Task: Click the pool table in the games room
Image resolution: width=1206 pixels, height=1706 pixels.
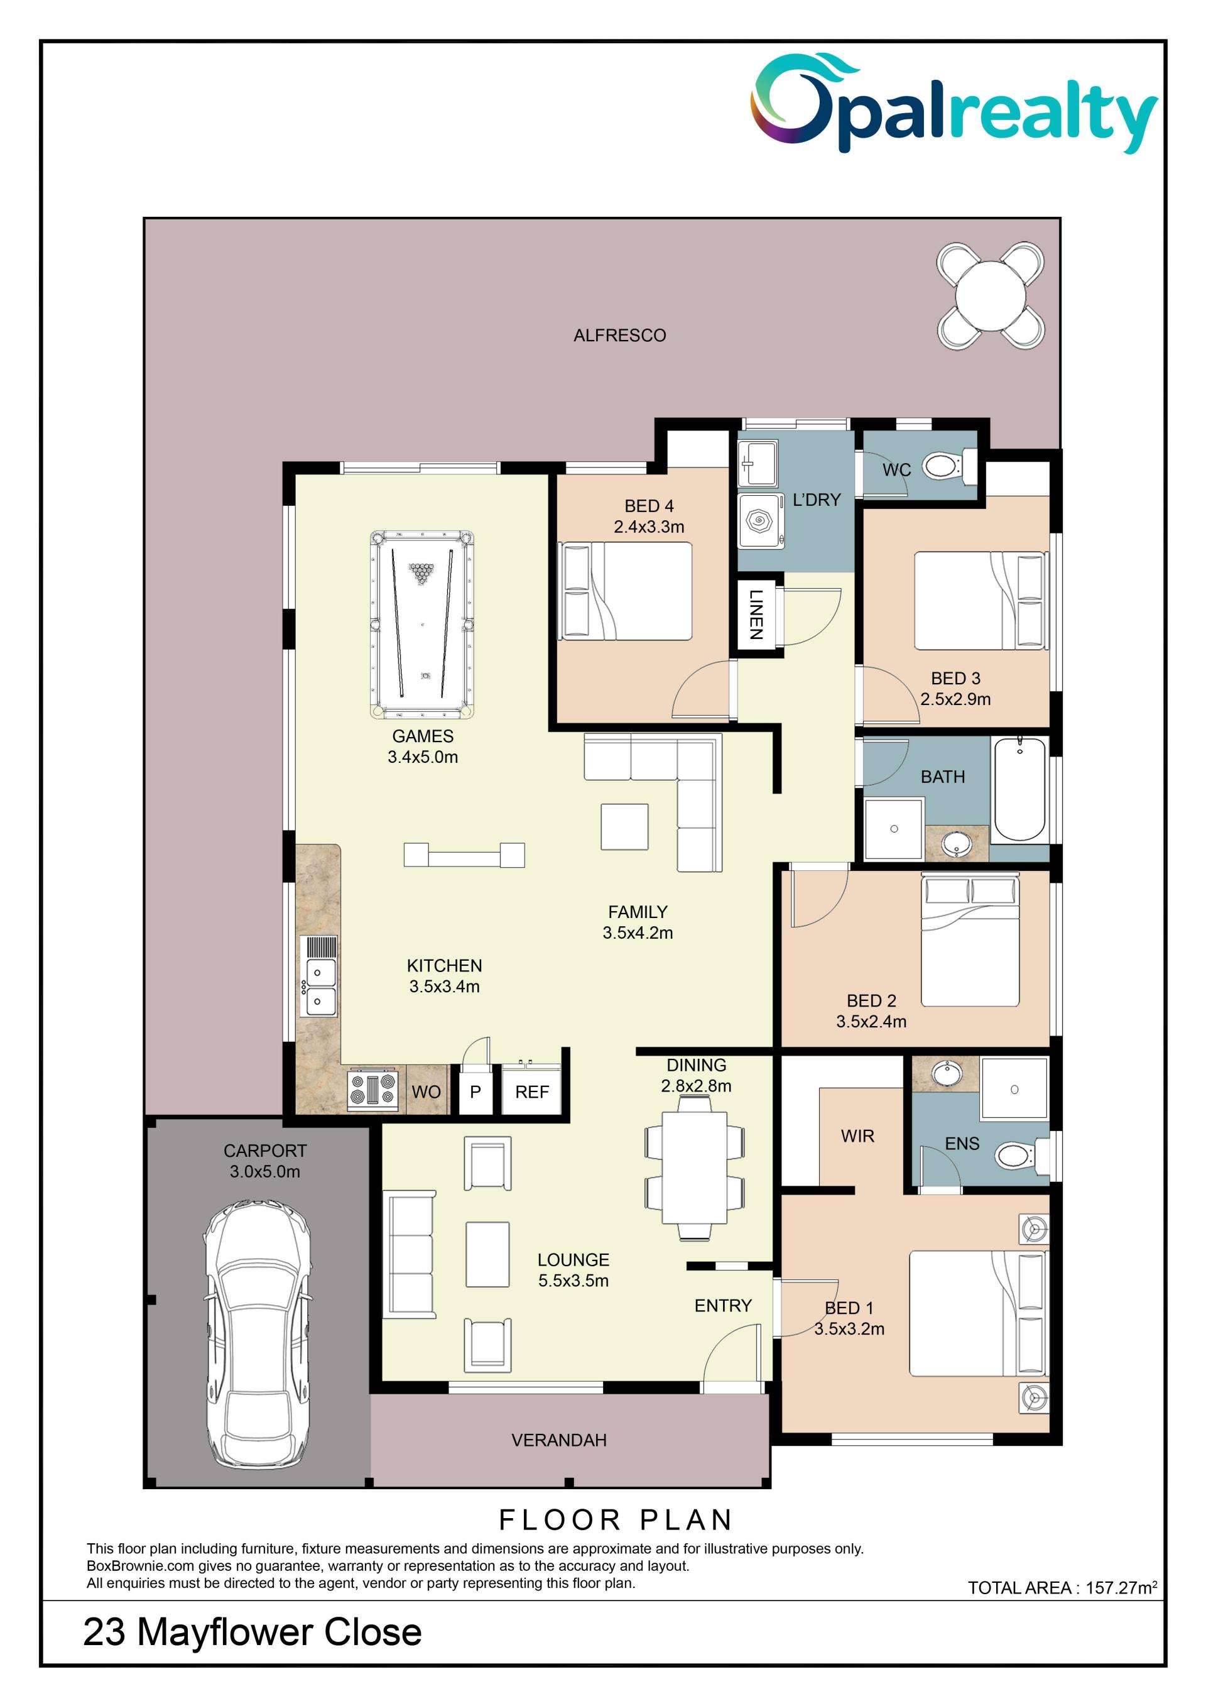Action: click(x=422, y=624)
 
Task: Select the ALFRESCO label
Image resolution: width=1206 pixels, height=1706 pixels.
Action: click(x=619, y=335)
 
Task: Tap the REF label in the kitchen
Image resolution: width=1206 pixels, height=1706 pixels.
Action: click(x=532, y=1091)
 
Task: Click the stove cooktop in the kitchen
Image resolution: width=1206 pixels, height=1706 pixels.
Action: click(x=374, y=1090)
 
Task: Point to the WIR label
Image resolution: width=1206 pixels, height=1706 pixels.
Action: click(x=858, y=1135)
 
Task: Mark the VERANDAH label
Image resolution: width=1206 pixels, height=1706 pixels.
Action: click(x=559, y=1440)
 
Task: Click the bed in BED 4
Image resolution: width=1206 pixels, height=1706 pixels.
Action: click(x=627, y=591)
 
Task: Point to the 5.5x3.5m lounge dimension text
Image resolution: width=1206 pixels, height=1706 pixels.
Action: click(x=573, y=1280)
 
